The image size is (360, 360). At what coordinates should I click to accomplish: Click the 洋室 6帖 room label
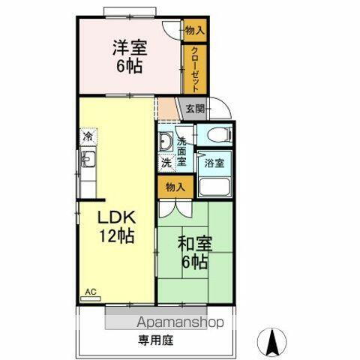130,55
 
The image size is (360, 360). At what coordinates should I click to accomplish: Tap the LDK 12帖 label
118,226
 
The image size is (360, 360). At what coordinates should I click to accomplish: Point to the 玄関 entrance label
194,109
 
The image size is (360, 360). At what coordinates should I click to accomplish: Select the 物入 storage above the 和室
175,187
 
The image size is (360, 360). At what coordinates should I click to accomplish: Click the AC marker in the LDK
91,291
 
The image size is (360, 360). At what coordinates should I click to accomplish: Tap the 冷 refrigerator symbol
88,138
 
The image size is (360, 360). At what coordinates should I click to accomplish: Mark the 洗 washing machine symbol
165,162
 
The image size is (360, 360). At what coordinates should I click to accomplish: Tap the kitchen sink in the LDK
88,159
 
